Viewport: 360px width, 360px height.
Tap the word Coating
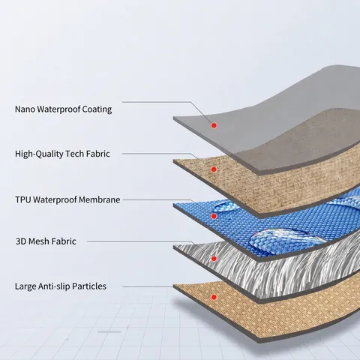pyautogui.click(x=97, y=109)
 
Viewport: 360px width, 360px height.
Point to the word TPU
pyautogui.click(x=23, y=199)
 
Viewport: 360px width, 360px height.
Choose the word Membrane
pyautogui.click(x=100, y=199)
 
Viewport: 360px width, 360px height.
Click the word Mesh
pyautogui.click(x=39, y=241)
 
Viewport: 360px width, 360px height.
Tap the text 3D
pyautogui.click(x=21, y=241)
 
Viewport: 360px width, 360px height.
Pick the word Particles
pyautogui.click(x=89, y=286)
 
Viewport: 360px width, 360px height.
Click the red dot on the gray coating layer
pyautogui.click(x=214, y=125)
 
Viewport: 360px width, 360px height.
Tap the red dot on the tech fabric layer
pyautogui.click(x=214, y=169)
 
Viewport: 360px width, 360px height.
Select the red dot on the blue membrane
pyautogui.click(x=214, y=216)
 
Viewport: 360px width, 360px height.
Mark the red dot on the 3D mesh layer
pyautogui.click(x=214, y=259)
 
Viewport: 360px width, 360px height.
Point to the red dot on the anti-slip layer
pyautogui.click(x=214, y=297)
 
